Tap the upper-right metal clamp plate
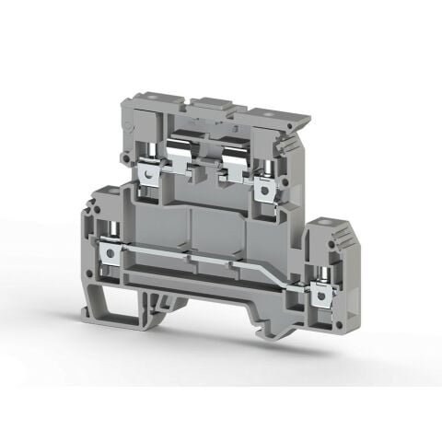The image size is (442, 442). (268, 188)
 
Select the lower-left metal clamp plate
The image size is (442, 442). (111, 250)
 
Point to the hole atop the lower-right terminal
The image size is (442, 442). (323, 224)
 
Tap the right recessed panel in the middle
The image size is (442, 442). (219, 235)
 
